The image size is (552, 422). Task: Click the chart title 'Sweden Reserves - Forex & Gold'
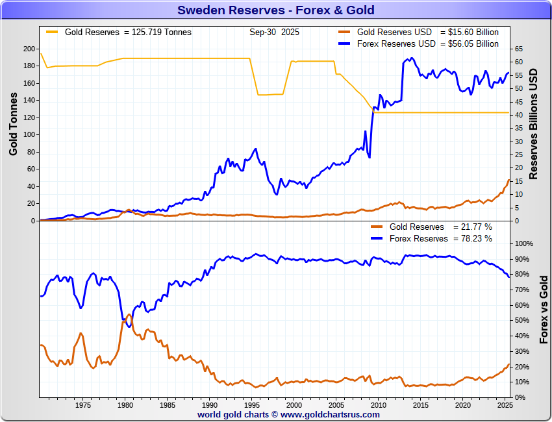coord(276,10)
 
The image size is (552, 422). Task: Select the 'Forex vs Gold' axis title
coord(544,308)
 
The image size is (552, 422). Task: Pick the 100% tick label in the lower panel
coord(523,243)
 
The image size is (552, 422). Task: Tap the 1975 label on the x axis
coord(82,406)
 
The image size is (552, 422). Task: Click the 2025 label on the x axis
coord(505,406)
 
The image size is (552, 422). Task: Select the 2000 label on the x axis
coord(294,406)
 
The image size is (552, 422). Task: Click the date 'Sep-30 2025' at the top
coord(274,32)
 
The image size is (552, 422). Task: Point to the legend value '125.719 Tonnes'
coord(162,32)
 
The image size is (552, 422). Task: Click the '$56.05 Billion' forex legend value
coord(469,43)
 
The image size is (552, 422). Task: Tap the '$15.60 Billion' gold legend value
coord(469,32)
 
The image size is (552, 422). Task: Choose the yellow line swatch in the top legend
coord(51,32)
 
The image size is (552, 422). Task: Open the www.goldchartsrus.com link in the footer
coord(331,414)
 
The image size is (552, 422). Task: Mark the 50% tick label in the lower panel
coord(521,320)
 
